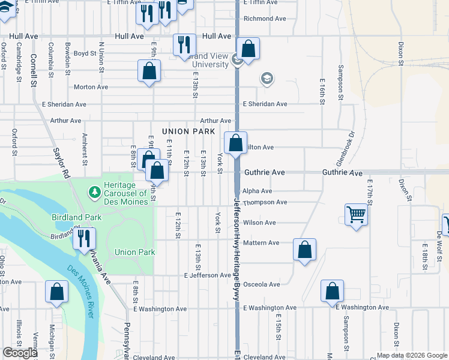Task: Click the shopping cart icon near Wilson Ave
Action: pyautogui.click(x=356, y=214)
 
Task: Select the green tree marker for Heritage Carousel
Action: pyautogui.click(x=94, y=191)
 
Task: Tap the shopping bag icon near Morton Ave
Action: pyautogui.click(x=149, y=71)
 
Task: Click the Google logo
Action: pyautogui.click(x=19, y=353)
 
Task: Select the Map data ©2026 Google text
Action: pyautogui.click(x=412, y=355)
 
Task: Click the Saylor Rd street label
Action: pyautogui.click(x=59, y=162)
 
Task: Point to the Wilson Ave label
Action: pyautogui.click(x=259, y=223)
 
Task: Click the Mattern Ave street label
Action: pyautogui.click(x=261, y=243)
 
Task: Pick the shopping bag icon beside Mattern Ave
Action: pyautogui.click(x=305, y=250)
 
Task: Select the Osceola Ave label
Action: pyautogui.click(x=262, y=284)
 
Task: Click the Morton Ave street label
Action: pyautogui.click(x=91, y=87)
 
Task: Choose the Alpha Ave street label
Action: pyautogui.click(x=258, y=191)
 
